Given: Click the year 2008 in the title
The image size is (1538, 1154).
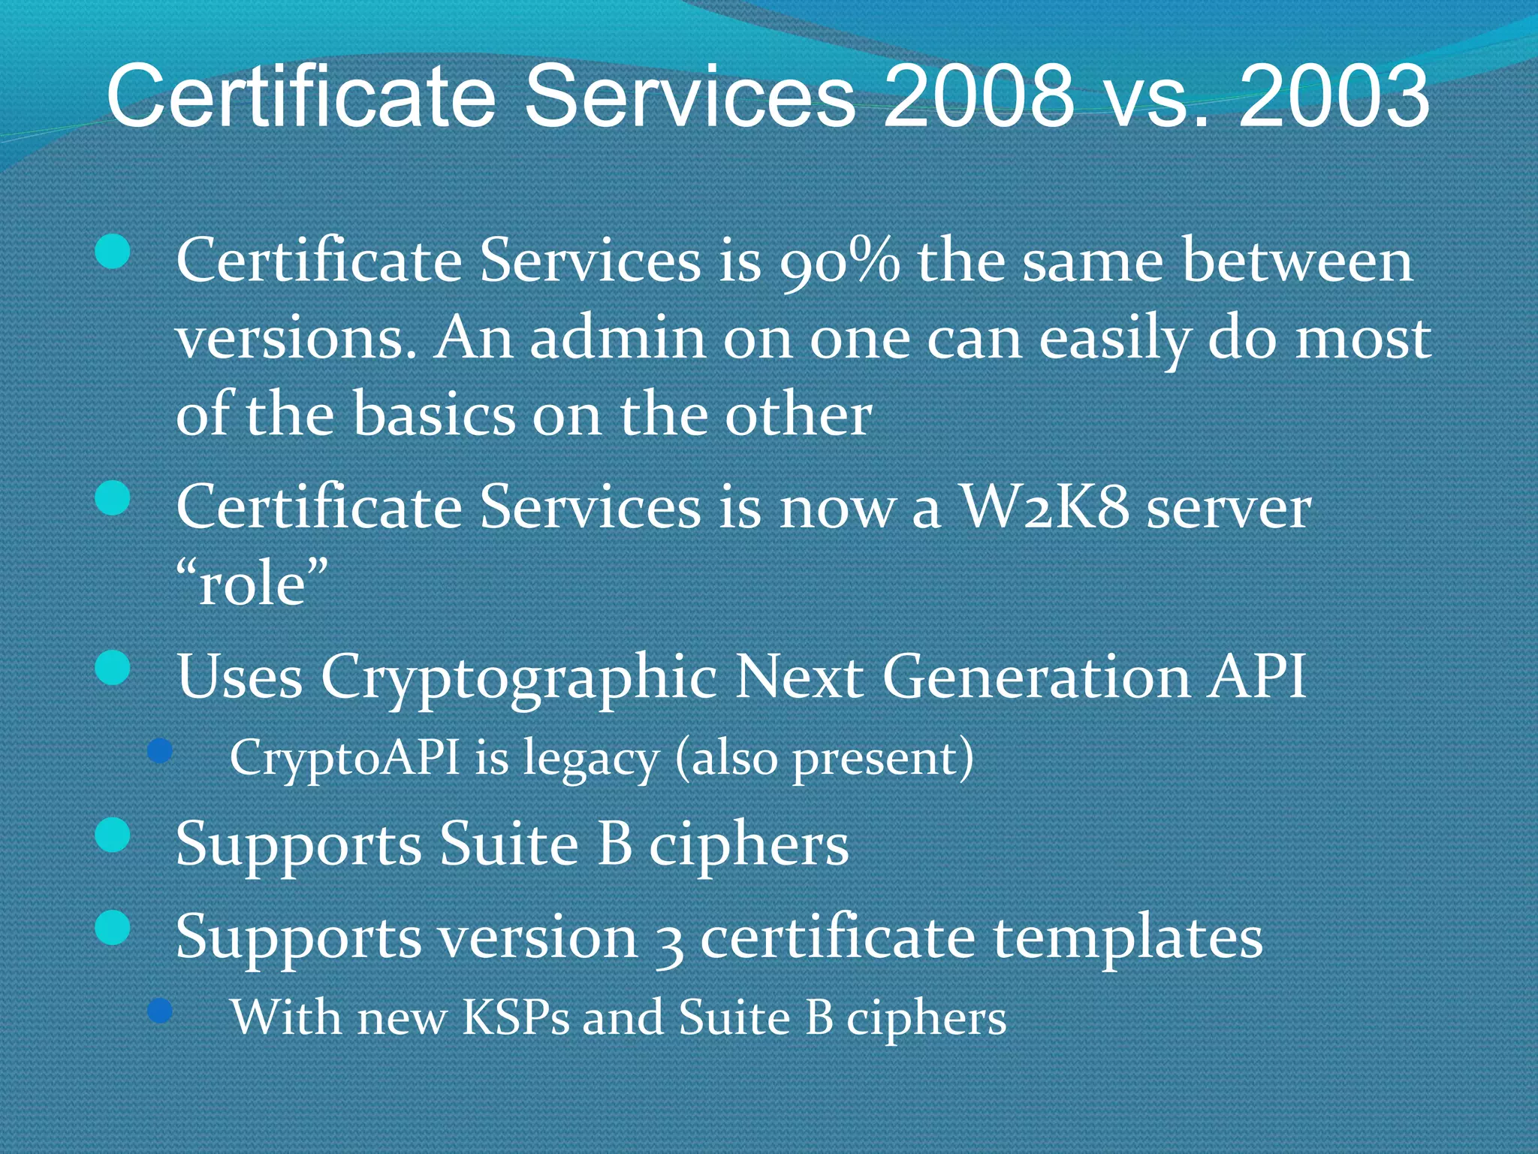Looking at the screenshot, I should pos(979,96).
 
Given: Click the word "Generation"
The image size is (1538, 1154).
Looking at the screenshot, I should pos(1036,676).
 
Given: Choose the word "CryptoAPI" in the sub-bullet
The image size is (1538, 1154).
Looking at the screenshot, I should pos(344,758).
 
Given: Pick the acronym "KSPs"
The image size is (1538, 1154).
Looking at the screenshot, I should pos(515,1017).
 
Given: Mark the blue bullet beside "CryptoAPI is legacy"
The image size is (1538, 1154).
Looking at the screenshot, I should pos(160,751).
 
